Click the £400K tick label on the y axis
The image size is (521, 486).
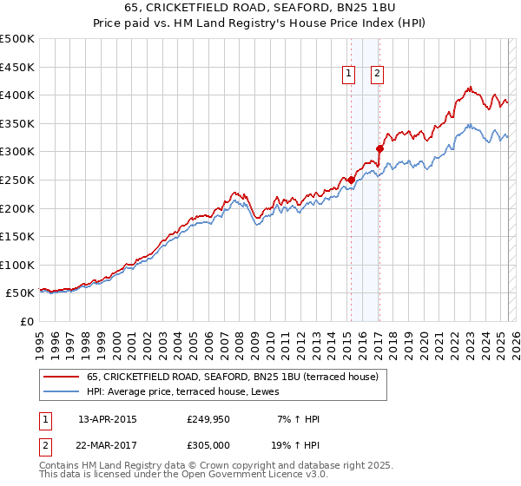point(17,95)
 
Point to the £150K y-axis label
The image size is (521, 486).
point(17,236)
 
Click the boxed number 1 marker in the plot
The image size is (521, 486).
point(348,75)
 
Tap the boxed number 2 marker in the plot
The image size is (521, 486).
point(377,75)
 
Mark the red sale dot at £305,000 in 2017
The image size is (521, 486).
point(379,149)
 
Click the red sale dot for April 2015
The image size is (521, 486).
point(351,181)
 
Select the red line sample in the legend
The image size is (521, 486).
point(60,378)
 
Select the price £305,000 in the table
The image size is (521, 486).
point(207,447)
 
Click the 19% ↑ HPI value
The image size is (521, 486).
point(294,447)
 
